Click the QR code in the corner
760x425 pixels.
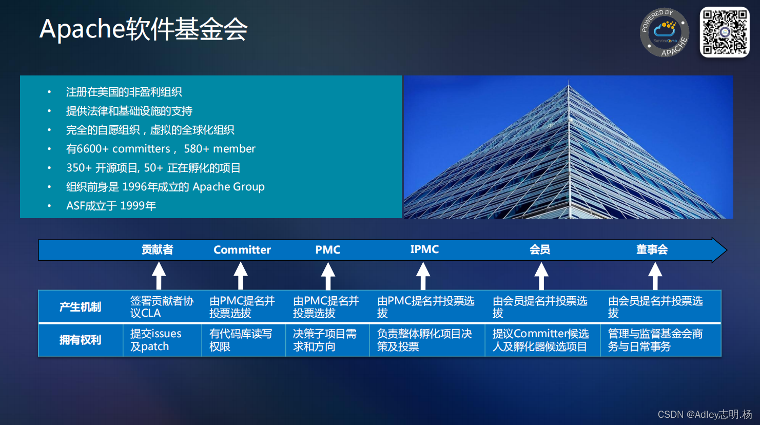click(x=725, y=32)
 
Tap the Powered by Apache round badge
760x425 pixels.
click(x=664, y=32)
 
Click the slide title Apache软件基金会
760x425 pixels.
click(x=144, y=29)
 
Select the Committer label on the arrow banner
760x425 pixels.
click(x=242, y=250)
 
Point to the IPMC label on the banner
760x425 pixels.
click(x=424, y=249)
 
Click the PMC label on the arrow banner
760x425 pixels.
click(x=327, y=250)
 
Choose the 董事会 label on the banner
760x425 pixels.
click(x=652, y=250)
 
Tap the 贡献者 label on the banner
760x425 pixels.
click(x=158, y=250)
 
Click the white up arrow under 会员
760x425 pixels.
click(x=541, y=276)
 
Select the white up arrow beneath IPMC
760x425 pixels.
click(x=423, y=276)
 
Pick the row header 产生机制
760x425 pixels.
click(x=80, y=307)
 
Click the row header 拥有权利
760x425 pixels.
click(x=80, y=340)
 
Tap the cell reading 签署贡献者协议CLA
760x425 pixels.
click(x=162, y=307)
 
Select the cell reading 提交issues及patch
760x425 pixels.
click(x=155, y=340)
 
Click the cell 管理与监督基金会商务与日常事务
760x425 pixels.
click(x=655, y=340)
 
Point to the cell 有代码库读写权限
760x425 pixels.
click(x=240, y=340)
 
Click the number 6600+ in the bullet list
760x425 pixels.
click(x=91, y=149)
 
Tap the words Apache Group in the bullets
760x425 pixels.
click(x=228, y=187)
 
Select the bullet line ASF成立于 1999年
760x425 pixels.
click(x=111, y=206)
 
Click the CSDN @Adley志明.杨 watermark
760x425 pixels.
click(x=705, y=414)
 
